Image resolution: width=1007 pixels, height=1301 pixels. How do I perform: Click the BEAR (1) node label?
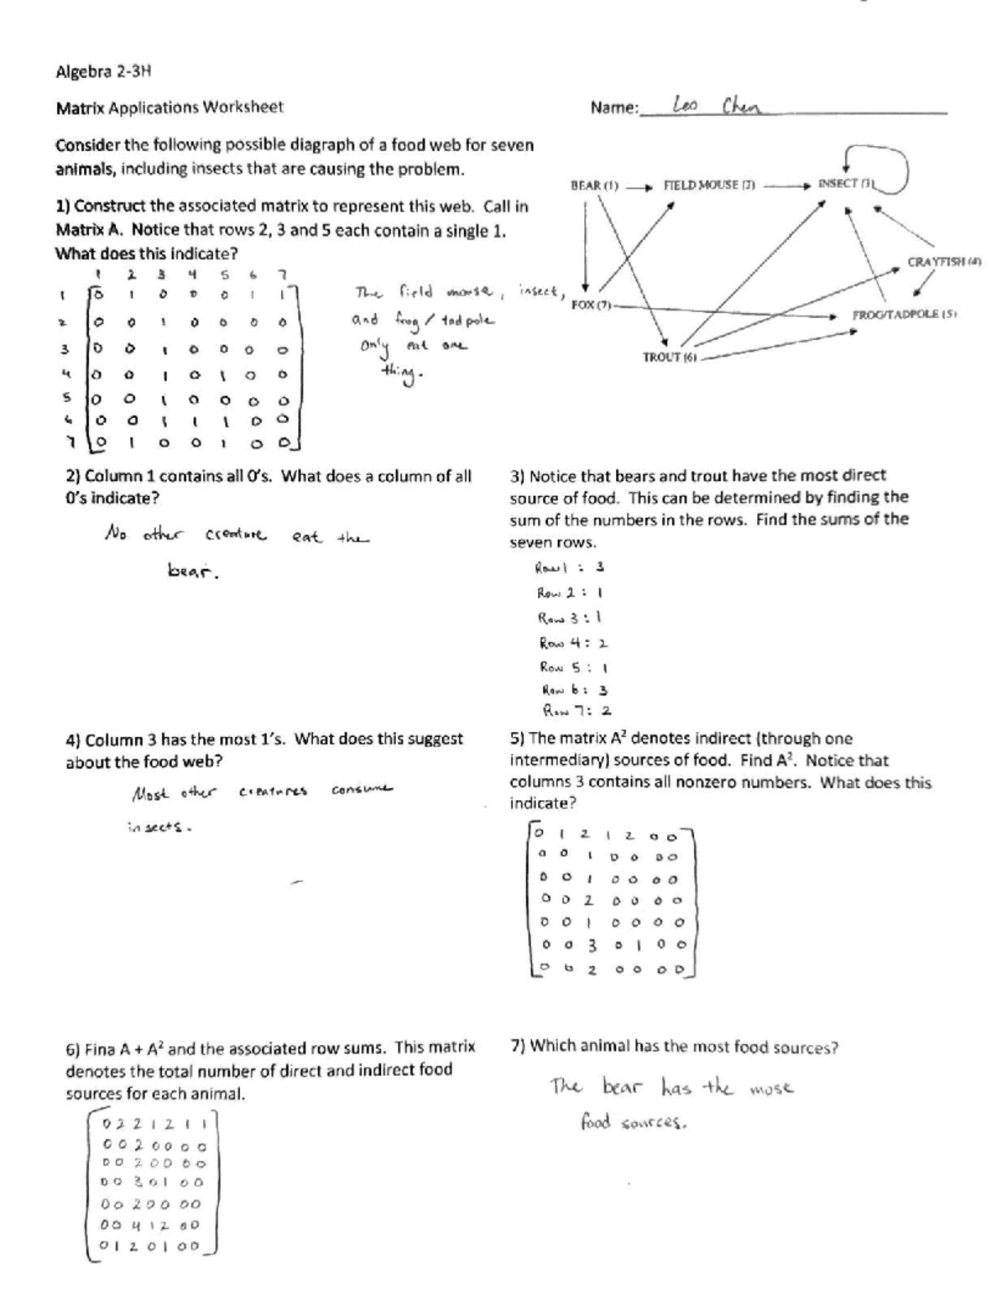coord(594,185)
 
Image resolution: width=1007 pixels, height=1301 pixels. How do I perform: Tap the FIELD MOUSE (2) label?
coord(709,185)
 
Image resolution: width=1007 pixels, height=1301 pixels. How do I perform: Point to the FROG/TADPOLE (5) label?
coord(905,315)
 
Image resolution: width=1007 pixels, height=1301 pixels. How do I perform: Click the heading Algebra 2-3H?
coord(104,71)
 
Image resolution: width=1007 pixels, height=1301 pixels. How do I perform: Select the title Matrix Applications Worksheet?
coord(170,107)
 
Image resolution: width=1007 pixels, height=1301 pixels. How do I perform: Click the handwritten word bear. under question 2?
coord(194,572)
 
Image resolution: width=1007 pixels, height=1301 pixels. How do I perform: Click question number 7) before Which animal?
coord(519,1046)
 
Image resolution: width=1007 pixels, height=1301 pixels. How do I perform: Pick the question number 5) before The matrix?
coord(518,739)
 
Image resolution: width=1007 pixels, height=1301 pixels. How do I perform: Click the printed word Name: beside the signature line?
coord(614,107)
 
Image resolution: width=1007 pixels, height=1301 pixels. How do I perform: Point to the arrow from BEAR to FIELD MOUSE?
coord(639,186)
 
